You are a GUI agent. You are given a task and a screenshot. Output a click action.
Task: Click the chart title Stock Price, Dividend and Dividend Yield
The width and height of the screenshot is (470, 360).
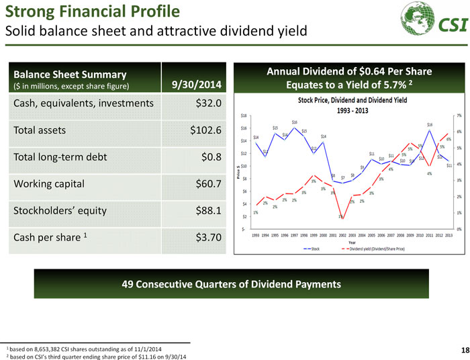click(348, 99)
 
